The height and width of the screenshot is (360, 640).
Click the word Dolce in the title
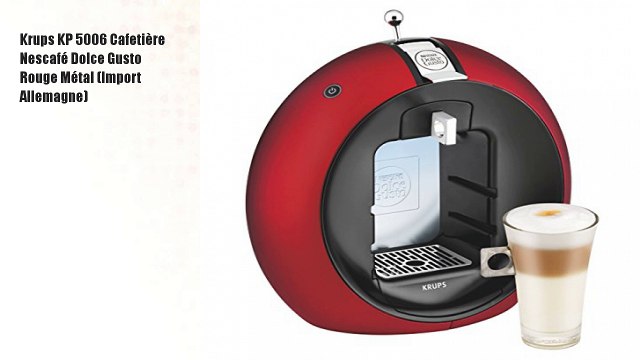click(x=101, y=59)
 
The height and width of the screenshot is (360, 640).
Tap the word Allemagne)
click(x=54, y=97)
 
